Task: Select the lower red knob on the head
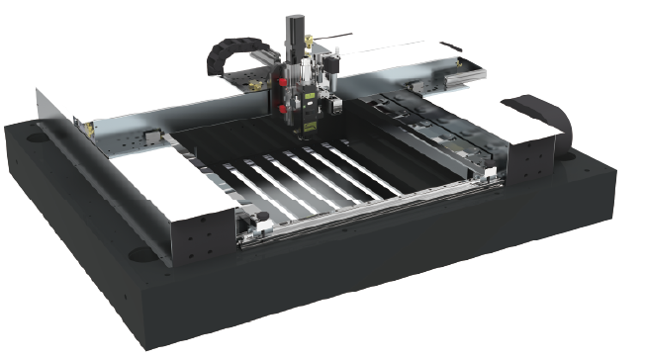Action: pyautogui.click(x=283, y=100)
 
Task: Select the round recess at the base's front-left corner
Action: pyautogui.click(x=139, y=254)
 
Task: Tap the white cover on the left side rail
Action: pyautogui.click(x=188, y=198)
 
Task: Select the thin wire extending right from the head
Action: pyautogui.click(x=336, y=39)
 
